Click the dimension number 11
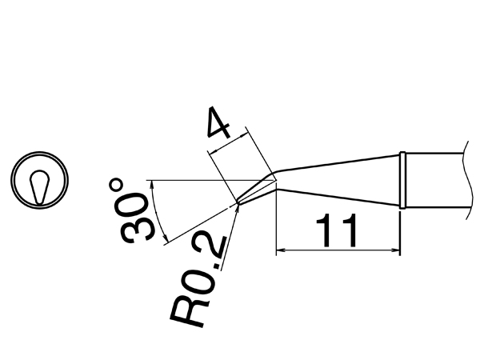[336, 230]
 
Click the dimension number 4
[219, 122]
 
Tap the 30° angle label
[132, 211]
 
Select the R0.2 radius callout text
[199, 281]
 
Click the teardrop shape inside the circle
[39, 186]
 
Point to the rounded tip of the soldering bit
[238, 202]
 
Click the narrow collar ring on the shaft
[402, 180]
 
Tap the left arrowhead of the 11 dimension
[281, 250]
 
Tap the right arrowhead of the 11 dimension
[395, 250]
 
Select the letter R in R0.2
[189, 311]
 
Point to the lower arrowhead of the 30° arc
[166, 239]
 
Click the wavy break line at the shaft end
[469, 180]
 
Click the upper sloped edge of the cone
[338, 162]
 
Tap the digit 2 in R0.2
[214, 248]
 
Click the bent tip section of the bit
[256, 190]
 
